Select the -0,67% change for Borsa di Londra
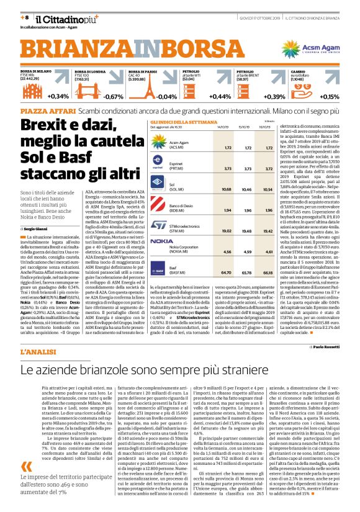[x=113, y=97]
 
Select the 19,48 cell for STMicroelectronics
[x=247, y=230]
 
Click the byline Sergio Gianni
[x=37, y=229]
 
